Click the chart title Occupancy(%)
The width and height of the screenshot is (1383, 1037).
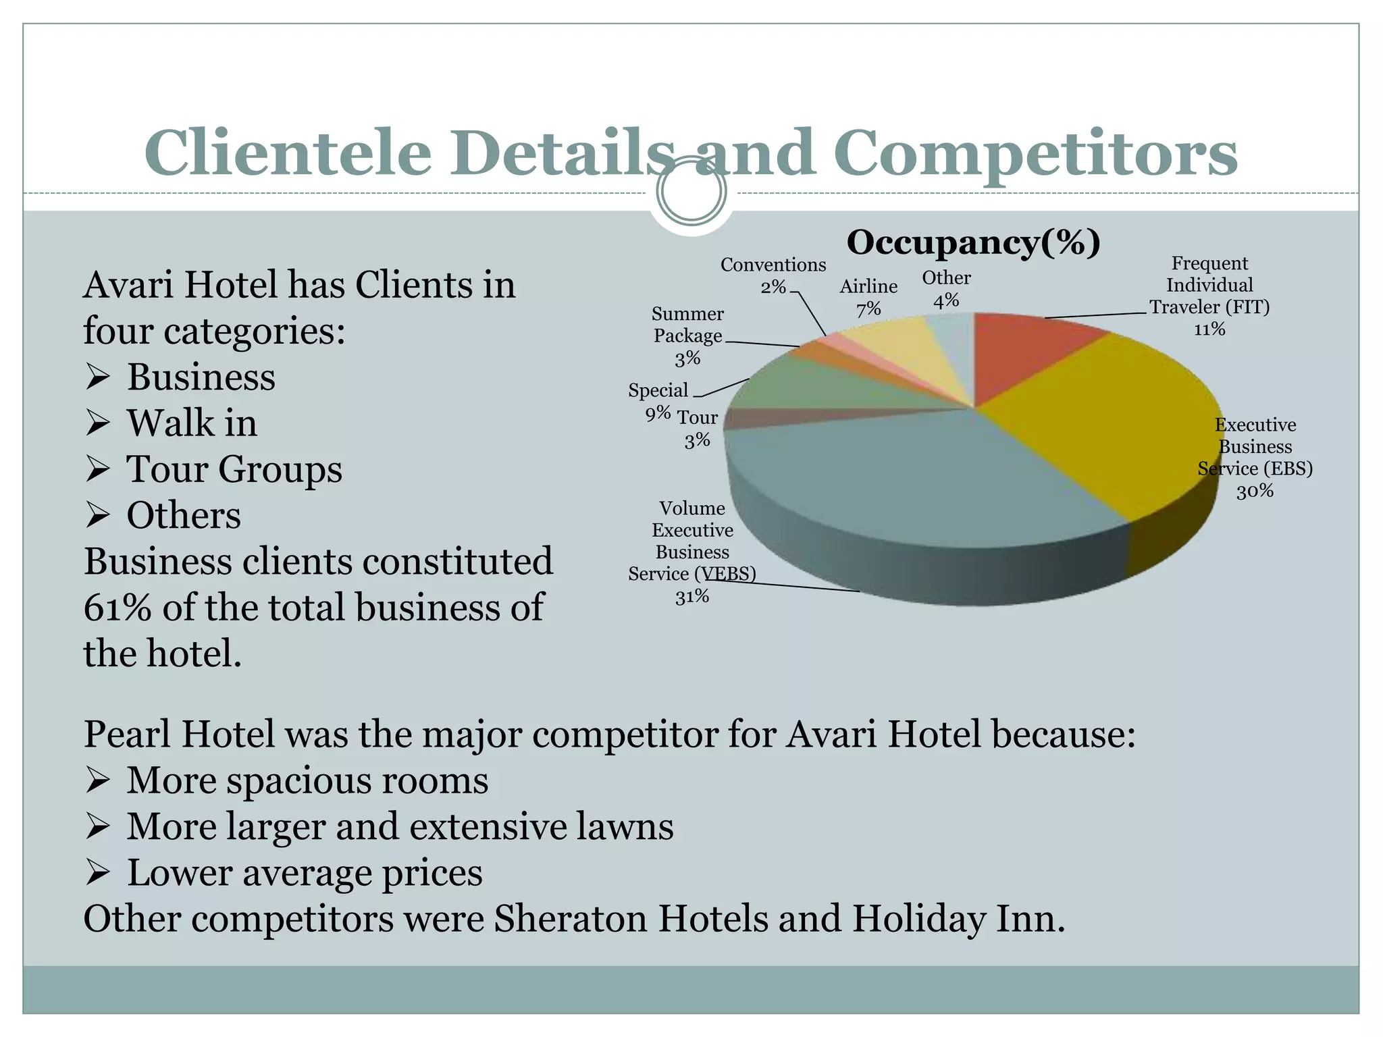click(973, 242)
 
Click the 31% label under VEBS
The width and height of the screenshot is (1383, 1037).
click(692, 596)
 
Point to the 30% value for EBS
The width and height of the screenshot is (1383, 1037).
click(1255, 491)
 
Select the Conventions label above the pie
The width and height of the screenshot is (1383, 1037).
click(773, 265)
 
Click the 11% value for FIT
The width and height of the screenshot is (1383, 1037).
click(1209, 329)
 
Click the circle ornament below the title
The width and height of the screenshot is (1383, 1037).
click(691, 191)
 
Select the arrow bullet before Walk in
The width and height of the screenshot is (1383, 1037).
click(98, 424)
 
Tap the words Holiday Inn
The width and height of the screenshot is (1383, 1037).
click(958, 919)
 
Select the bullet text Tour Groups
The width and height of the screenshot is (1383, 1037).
click(234, 469)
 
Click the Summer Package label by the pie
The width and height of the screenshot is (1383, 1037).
click(687, 325)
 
